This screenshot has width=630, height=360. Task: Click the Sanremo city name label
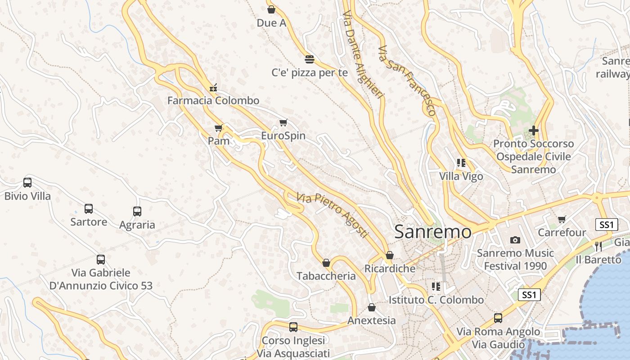coord(432,232)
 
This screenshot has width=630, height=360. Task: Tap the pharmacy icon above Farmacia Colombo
coord(213,87)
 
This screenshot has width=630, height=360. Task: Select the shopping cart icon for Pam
coord(219,128)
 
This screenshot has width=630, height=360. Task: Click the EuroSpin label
coord(283,136)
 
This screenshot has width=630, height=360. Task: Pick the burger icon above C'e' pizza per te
coord(309,59)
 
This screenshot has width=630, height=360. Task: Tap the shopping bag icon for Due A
coord(271,9)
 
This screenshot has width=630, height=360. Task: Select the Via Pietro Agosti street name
coord(332,216)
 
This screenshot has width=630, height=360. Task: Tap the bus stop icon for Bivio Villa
coord(27,183)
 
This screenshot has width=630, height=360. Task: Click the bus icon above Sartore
coord(89,209)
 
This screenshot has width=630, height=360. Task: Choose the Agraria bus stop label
coord(137,225)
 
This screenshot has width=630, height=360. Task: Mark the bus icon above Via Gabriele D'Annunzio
coord(101,260)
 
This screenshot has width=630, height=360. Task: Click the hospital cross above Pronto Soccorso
coord(534,130)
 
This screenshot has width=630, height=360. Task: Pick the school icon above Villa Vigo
coord(461,163)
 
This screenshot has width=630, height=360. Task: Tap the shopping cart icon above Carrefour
coord(562,220)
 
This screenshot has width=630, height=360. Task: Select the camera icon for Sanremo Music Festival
coord(515,240)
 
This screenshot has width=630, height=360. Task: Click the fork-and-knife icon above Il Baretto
coord(598,246)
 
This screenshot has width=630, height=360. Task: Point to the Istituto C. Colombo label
coord(436,300)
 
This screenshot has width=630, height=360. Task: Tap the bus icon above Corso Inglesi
coord(293,327)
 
